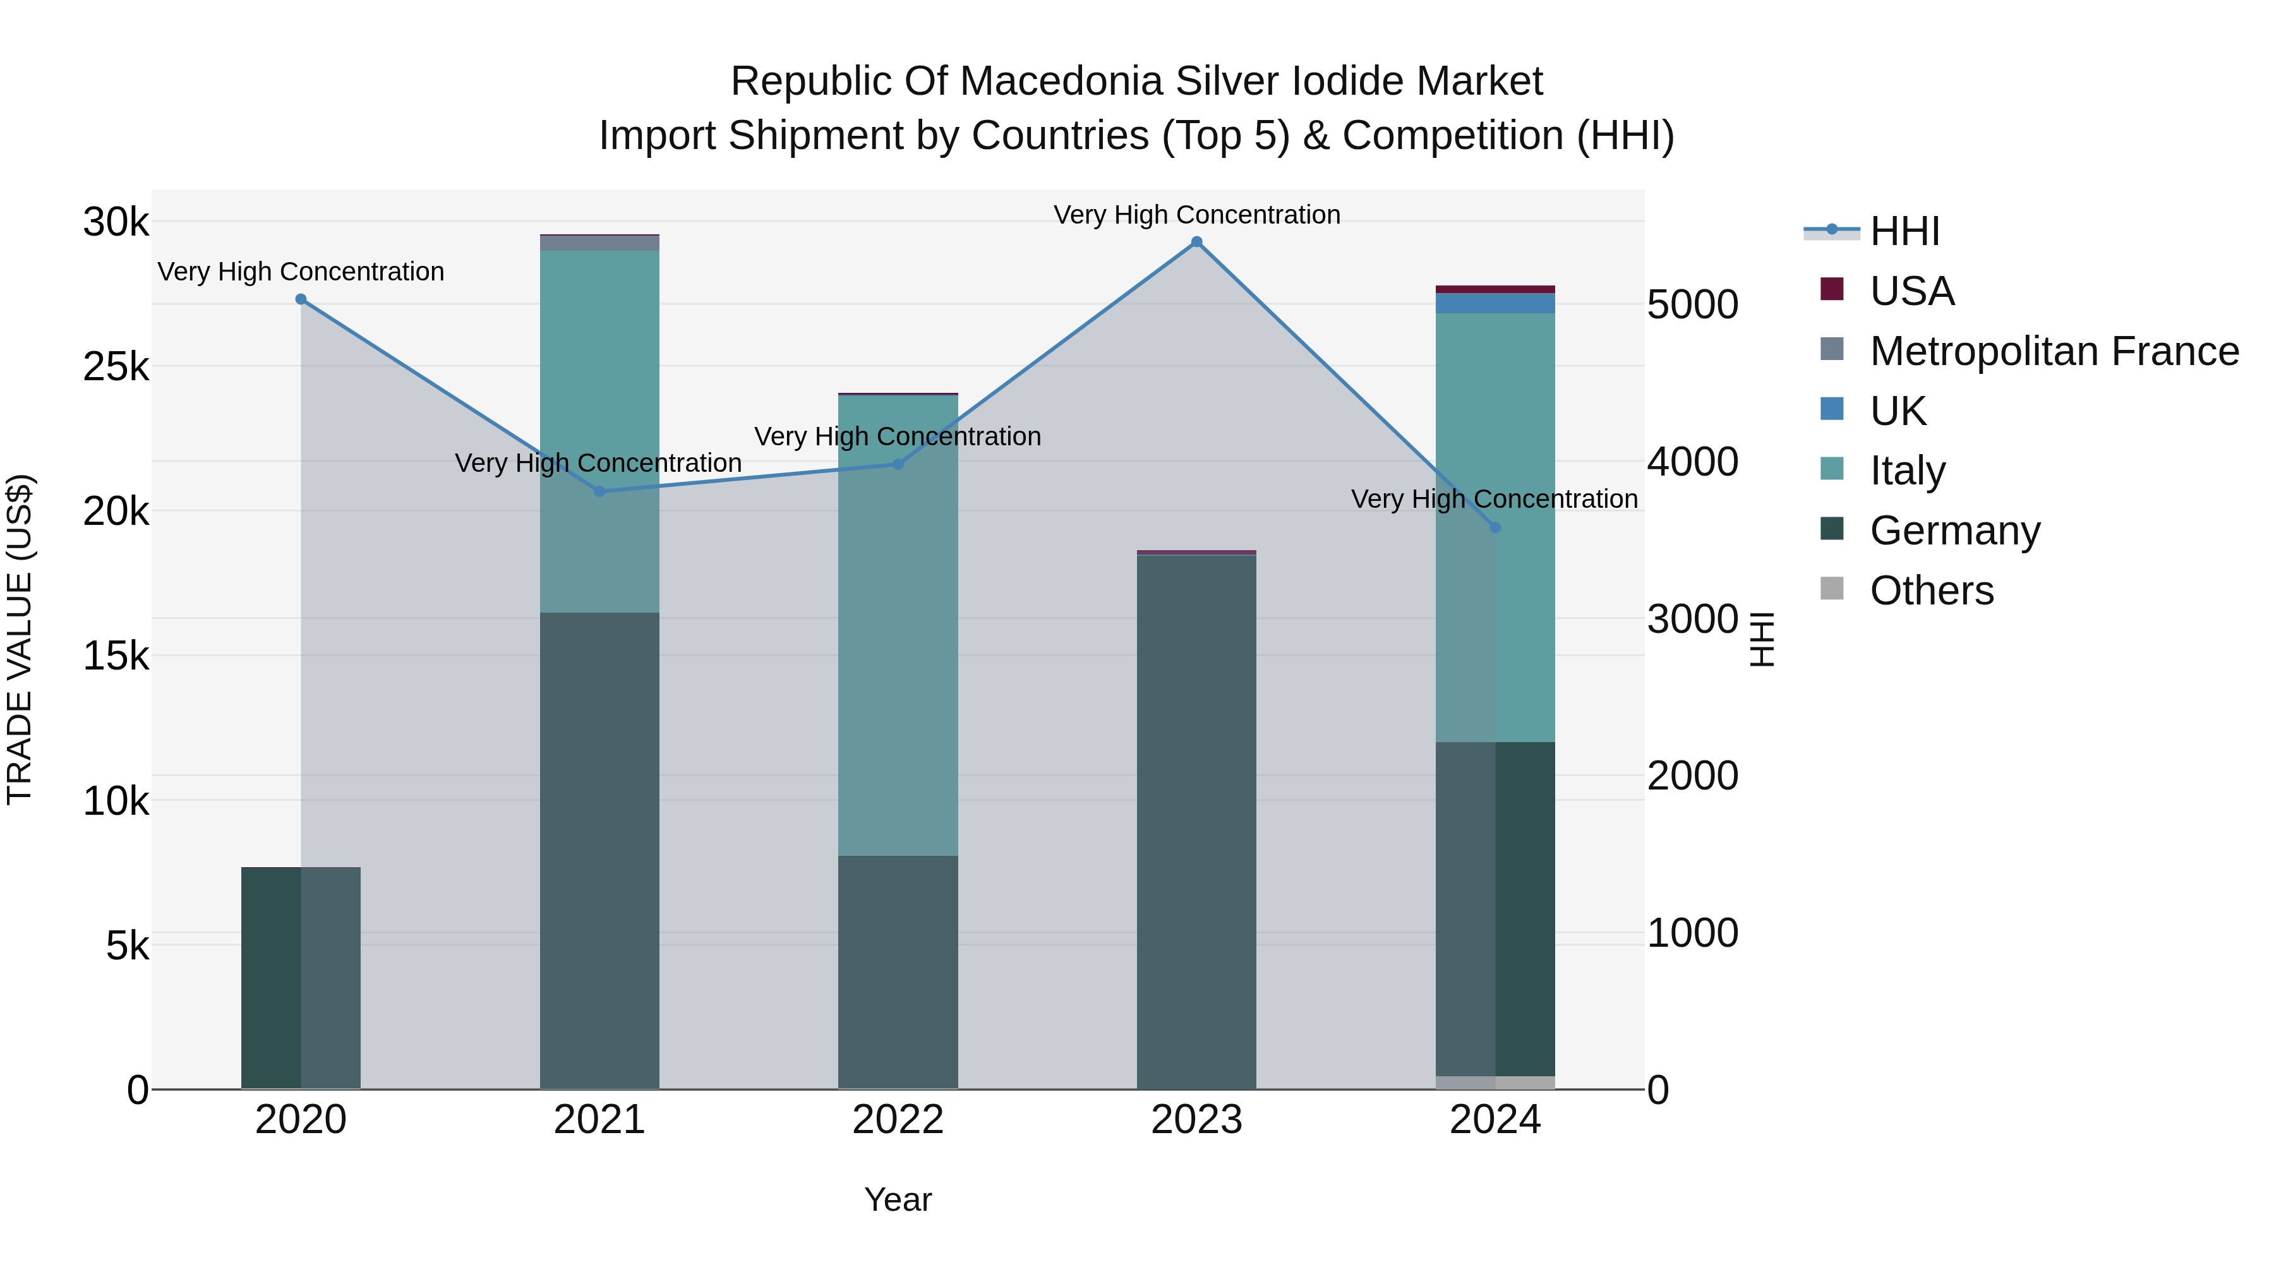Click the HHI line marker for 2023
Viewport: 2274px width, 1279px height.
[x=1196, y=242]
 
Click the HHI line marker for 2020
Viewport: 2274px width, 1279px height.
[x=301, y=299]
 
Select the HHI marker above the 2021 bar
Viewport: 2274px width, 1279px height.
[x=599, y=491]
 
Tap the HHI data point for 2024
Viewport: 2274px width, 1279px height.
[x=1495, y=528]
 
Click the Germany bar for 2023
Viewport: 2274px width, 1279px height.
[x=1196, y=821]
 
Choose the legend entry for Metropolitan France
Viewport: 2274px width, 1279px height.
[x=2054, y=351]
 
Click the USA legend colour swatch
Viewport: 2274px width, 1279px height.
[x=1832, y=289]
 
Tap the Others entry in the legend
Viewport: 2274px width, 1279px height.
[x=1932, y=591]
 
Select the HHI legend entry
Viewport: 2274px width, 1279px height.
[x=1904, y=231]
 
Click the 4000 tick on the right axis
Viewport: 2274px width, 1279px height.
[x=1692, y=462]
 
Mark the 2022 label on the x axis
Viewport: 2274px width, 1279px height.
[x=898, y=1120]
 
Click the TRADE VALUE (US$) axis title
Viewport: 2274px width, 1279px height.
[x=20, y=639]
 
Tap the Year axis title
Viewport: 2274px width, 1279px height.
[x=898, y=1199]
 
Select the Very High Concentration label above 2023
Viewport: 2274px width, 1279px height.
[x=1196, y=215]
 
